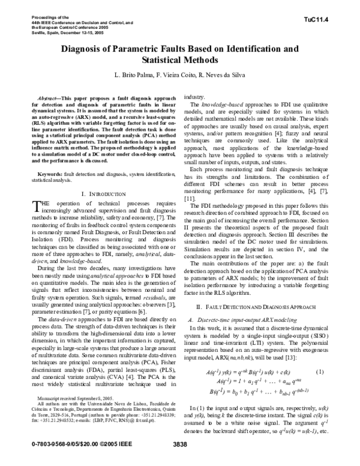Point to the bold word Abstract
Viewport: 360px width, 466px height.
[49, 97]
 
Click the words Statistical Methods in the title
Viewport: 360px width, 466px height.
[179, 61]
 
